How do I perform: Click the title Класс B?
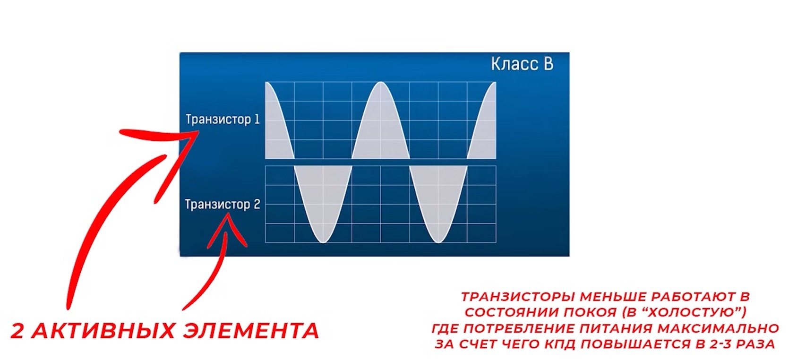click(x=522, y=64)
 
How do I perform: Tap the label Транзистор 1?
click(x=223, y=120)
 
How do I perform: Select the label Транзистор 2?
click(x=223, y=204)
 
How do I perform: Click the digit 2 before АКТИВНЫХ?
click(x=17, y=331)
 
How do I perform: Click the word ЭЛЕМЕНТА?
click(x=251, y=331)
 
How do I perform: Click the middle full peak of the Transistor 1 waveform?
click(x=381, y=83)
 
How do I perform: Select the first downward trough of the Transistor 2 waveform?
click(x=323, y=241)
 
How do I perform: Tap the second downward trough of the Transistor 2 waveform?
click(x=438, y=241)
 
